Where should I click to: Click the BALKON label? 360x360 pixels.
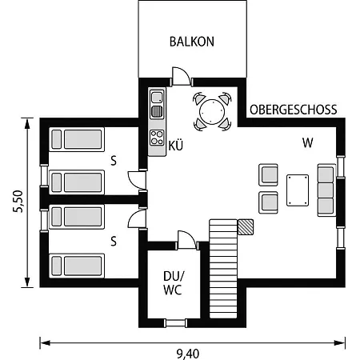coord(192,42)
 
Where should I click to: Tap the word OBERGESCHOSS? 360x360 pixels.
coord(294,110)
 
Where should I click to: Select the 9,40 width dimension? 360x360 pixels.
coord(188,354)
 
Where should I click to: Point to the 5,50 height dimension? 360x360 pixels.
coord(18,202)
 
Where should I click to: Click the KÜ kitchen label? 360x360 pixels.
coord(176,146)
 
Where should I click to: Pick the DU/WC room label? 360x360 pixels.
coord(174,283)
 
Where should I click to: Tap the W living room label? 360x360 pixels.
coord(307,143)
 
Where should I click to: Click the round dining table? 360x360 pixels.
coord(212,112)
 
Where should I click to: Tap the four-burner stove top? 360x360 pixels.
coord(157,138)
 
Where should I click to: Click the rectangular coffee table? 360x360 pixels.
coord(298,190)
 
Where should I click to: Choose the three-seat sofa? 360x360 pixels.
coord(326,190)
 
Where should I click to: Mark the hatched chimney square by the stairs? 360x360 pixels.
coord(246,227)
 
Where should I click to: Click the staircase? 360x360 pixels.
coord(223,269)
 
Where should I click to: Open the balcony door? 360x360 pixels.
coord(182,77)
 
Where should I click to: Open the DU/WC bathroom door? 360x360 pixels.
coord(187,241)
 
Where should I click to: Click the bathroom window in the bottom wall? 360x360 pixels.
coord(175,323)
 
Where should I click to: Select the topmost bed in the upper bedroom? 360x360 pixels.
coord(77,139)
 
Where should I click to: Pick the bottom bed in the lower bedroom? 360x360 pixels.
coord(77,266)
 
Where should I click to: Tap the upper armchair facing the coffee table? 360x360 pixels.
coord(268,174)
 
